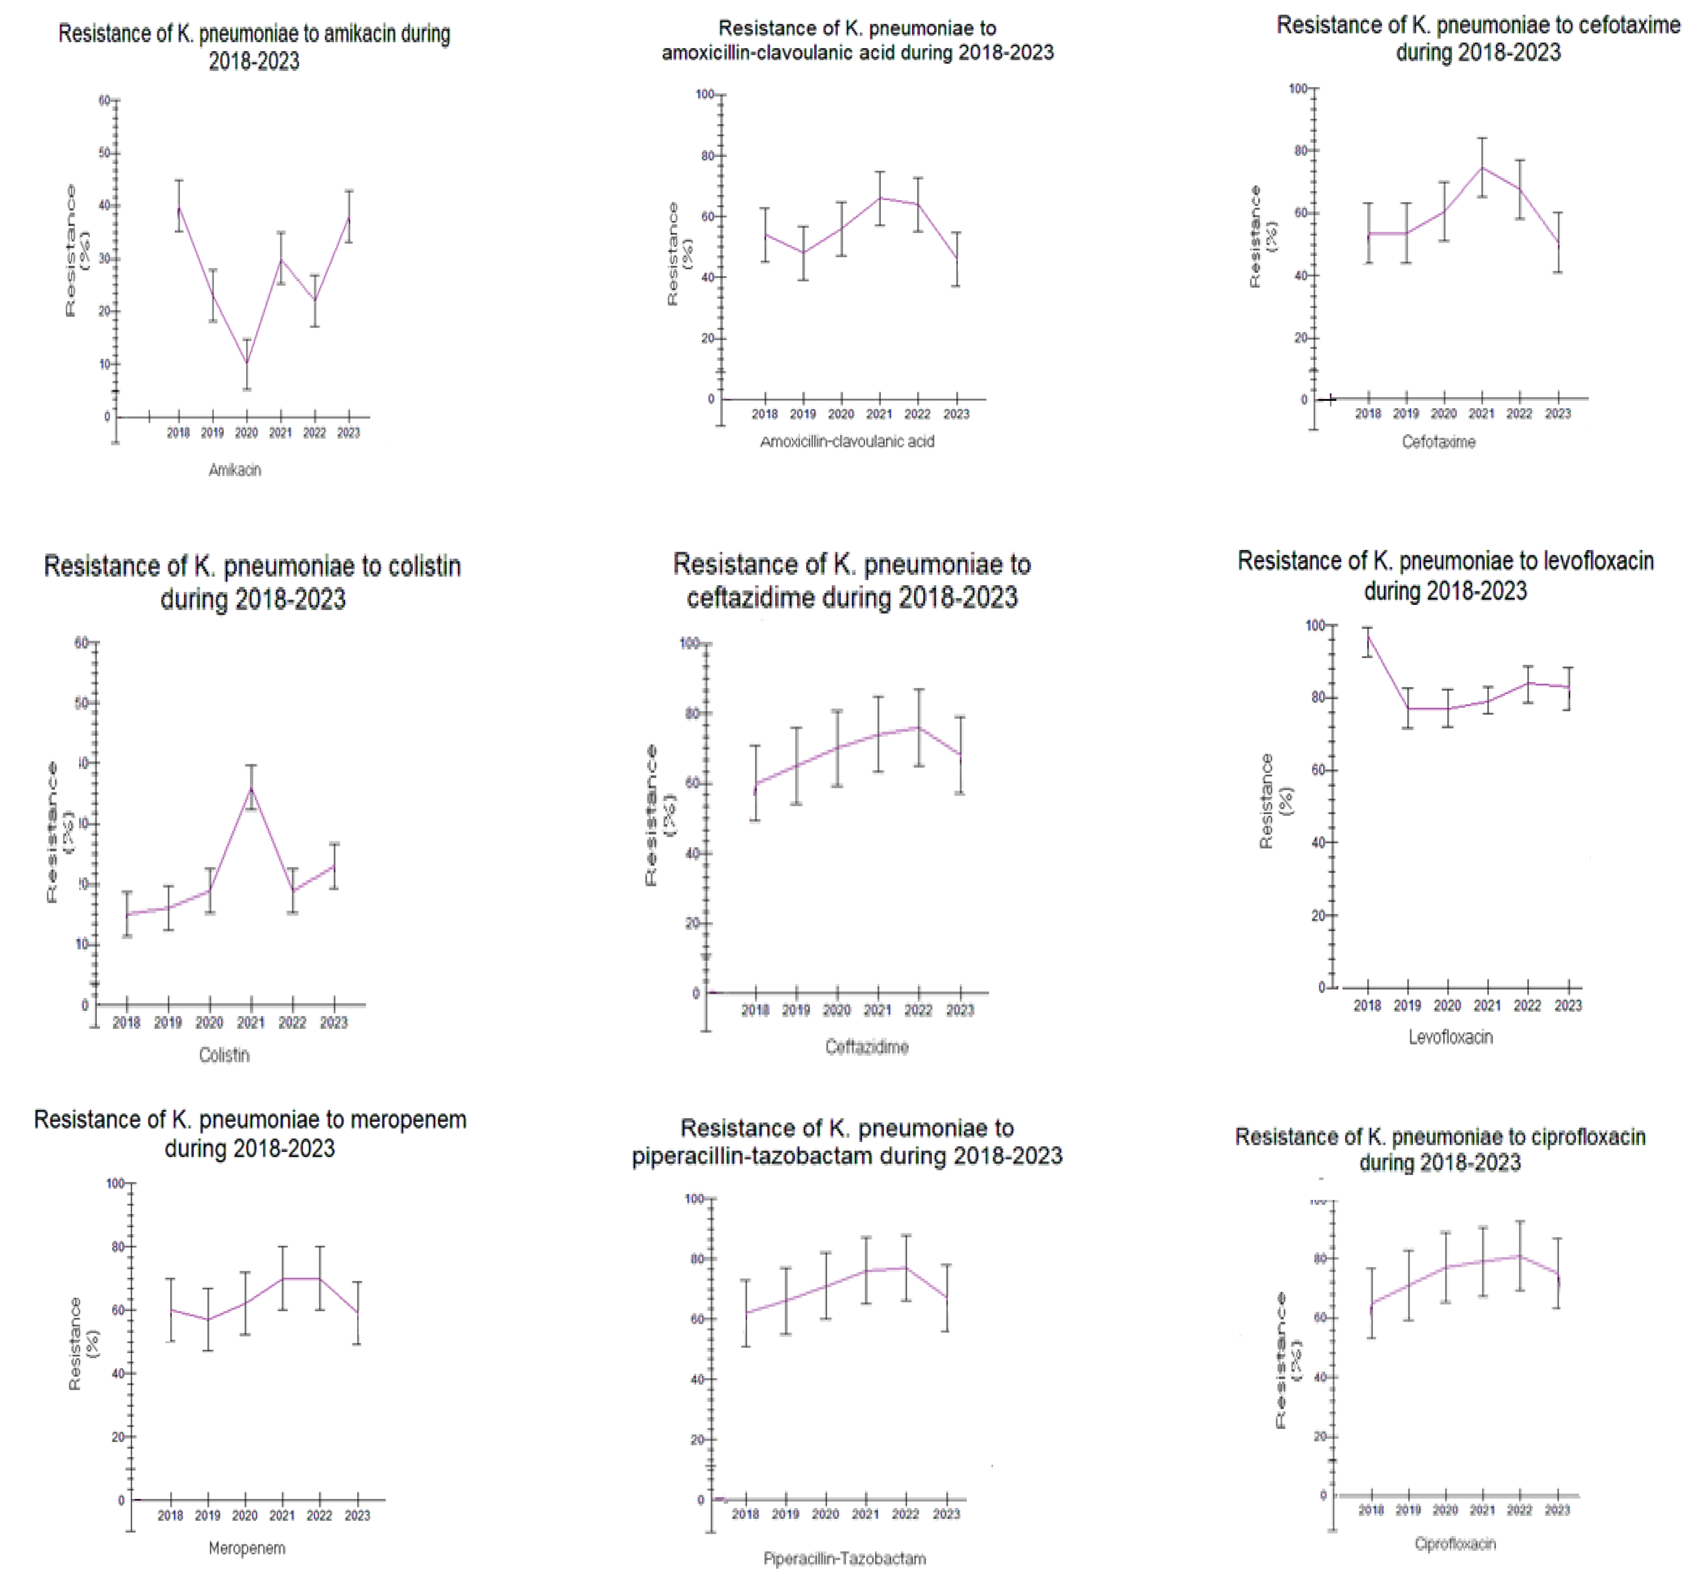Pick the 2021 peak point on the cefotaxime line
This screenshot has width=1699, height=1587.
click(x=1482, y=167)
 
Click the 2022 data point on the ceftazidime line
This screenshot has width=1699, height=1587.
click(x=919, y=727)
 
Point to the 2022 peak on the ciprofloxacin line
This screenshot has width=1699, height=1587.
click(x=1520, y=1256)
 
